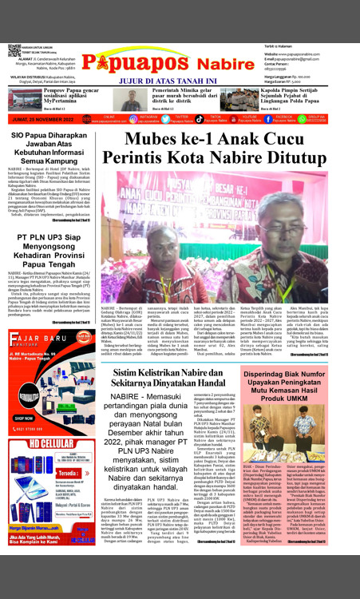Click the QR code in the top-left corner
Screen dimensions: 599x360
pyautogui.click(x=14, y=50)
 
